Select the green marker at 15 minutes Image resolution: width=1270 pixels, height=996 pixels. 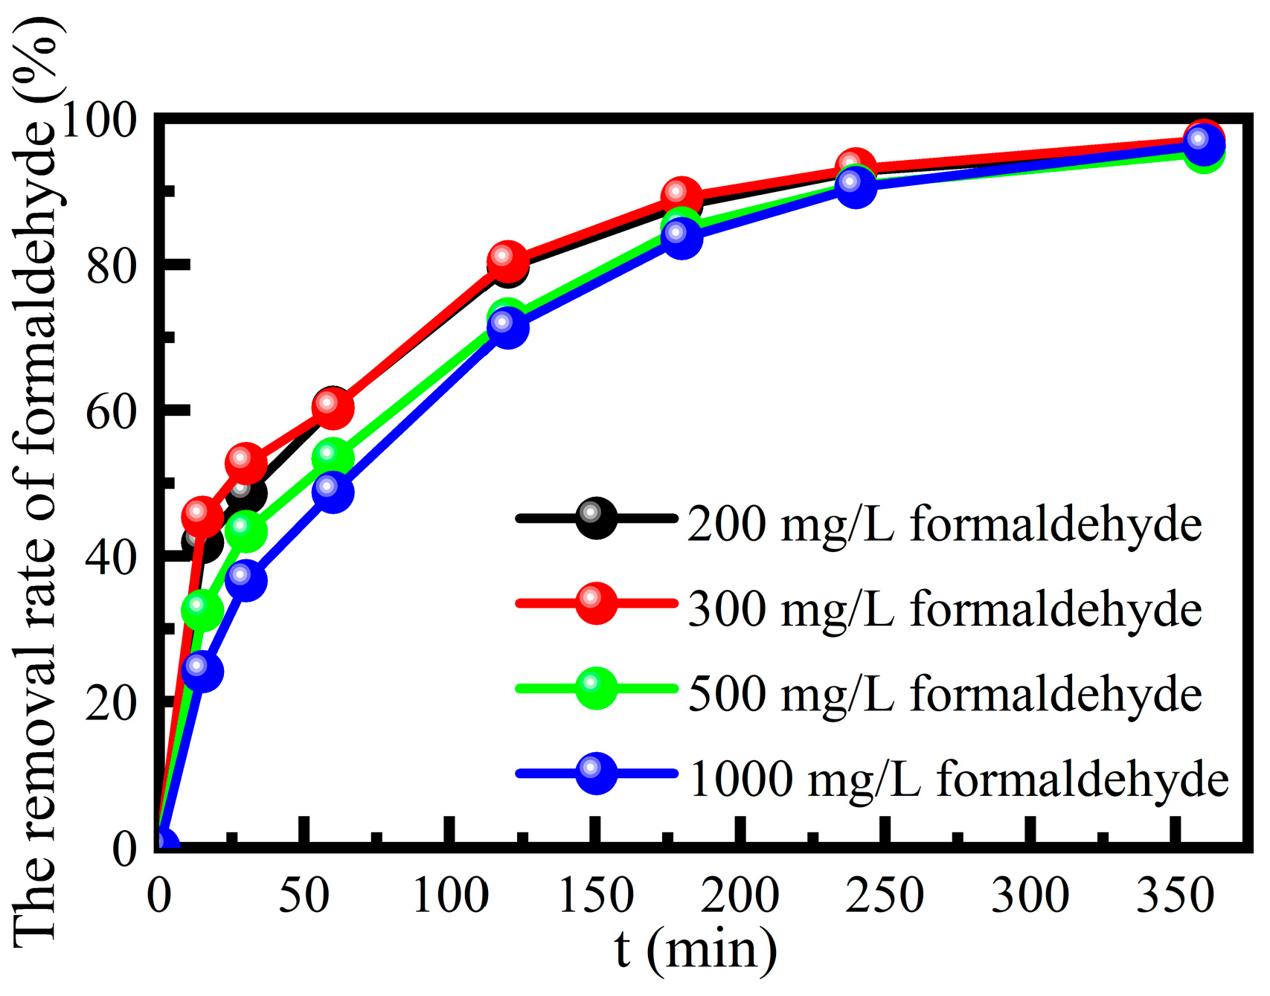click(202, 610)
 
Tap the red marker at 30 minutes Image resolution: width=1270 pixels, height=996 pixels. click(246, 463)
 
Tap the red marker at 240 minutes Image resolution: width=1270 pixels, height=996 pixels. click(856, 167)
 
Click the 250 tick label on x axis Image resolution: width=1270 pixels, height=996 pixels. click(885, 896)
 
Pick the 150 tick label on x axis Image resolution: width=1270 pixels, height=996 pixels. click(595, 896)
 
